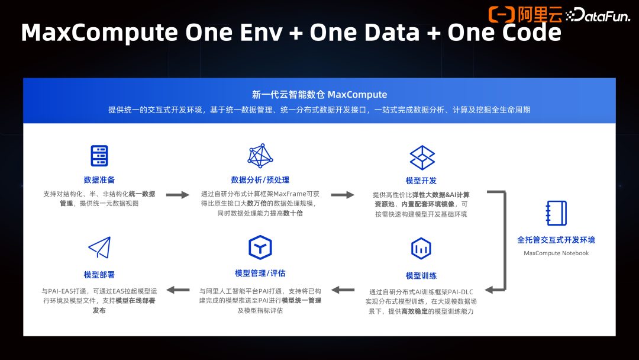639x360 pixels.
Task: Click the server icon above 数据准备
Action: click(99, 155)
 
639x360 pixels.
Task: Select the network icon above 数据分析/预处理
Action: click(260, 155)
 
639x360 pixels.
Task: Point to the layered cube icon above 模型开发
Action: click(422, 157)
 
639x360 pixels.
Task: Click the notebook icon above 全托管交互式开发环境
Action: click(556, 213)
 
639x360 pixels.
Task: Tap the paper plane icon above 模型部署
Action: click(99, 247)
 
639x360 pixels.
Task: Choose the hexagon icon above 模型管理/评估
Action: click(260, 247)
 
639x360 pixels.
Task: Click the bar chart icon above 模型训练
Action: click(421, 249)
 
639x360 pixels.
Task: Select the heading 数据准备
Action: click(99, 180)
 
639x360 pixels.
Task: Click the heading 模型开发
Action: click(421, 181)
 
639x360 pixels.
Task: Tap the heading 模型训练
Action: click(421, 276)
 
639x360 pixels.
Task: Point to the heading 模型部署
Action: click(99, 275)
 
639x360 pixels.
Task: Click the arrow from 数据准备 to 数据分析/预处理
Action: click(177, 195)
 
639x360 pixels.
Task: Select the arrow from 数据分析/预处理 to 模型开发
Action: click(342, 195)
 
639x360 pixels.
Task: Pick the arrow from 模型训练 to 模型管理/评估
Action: click(342, 290)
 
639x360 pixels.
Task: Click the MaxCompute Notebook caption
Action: click(556, 253)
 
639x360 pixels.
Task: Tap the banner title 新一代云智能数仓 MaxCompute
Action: click(319, 95)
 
